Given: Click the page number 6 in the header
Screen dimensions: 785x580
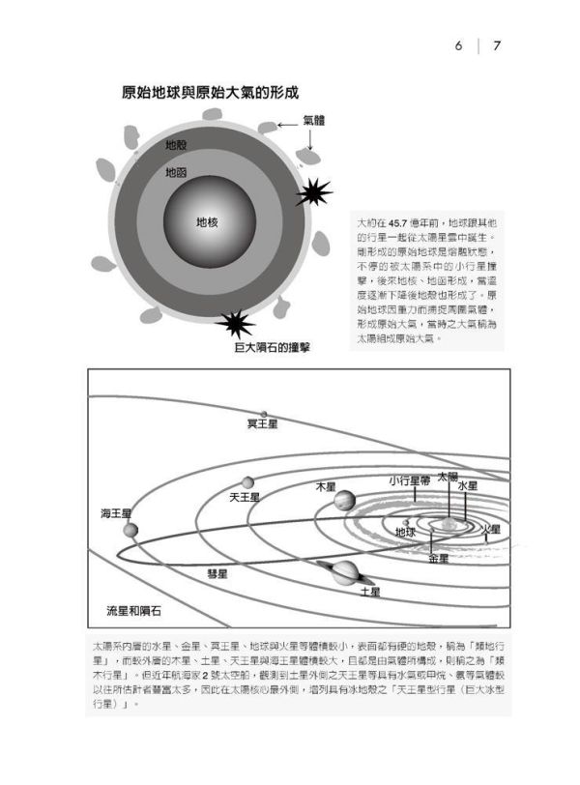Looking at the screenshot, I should tap(460, 45).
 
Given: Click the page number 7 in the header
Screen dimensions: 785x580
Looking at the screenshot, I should tap(495, 45).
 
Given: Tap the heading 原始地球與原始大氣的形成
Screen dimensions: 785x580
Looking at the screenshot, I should tap(210, 94).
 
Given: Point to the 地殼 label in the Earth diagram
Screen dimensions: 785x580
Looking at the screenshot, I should tap(176, 145).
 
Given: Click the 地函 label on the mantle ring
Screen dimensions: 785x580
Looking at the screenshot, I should tap(176, 173).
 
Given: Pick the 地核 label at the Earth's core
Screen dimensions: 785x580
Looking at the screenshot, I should tap(207, 221).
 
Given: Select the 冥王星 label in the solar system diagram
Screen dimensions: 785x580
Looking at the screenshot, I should tap(262, 423).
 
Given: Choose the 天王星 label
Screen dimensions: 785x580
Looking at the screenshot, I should tap(244, 497).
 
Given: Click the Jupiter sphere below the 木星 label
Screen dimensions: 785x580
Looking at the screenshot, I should tap(344, 501).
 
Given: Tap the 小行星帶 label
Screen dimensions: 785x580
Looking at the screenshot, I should tap(409, 480).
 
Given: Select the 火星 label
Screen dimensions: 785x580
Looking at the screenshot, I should tap(490, 530).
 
